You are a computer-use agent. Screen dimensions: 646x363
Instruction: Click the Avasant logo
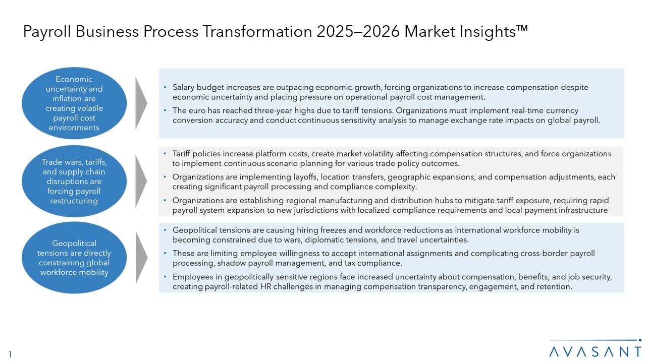pyautogui.click(x=595, y=348)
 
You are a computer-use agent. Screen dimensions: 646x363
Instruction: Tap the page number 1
pyautogui.click(x=10, y=354)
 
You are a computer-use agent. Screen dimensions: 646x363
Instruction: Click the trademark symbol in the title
pyautogui.click(x=522, y=29)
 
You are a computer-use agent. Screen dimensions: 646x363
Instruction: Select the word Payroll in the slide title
pyautogui.click(x=47, y=32)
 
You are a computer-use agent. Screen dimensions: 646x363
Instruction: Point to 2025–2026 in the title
pyautogui.click(x=358, y=31)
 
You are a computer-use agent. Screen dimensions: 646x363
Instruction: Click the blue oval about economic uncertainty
pyautogui.click(x=74, y=103)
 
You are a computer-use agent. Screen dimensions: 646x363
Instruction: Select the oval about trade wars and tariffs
pyautogui.click(x=74, y=181)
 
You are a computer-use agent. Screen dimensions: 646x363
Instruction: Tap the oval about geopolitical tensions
pyautogui.click(x=74, y=258)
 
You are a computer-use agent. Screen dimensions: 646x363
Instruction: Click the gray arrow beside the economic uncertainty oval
pyautogui.click(x=141, y=103)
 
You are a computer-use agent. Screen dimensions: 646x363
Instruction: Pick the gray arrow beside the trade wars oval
pyautogui.click(x=141, y=181)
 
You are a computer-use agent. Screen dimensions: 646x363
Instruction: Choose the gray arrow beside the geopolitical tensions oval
pyautogui.click(x=141, y=258)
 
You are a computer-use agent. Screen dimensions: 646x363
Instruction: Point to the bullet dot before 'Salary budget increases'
pyautogui.click(x=165, y=87)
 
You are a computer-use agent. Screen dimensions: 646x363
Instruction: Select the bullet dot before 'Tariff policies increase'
pyautogui.click(x=165, y=153)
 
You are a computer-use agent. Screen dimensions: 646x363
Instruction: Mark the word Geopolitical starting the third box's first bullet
pyautogui.click(x=195, y=230)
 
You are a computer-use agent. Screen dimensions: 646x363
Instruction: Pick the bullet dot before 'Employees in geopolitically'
pyautogui.click(x=165, y=277)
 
